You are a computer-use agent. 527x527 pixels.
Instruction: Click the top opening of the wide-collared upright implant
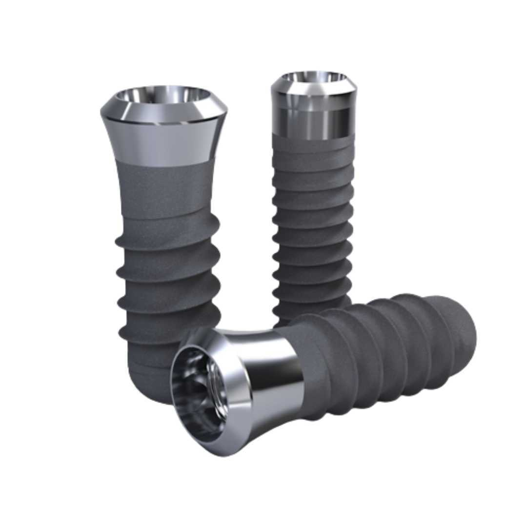coord(163,96)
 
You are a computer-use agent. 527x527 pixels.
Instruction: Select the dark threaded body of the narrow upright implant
coord(312,220)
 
